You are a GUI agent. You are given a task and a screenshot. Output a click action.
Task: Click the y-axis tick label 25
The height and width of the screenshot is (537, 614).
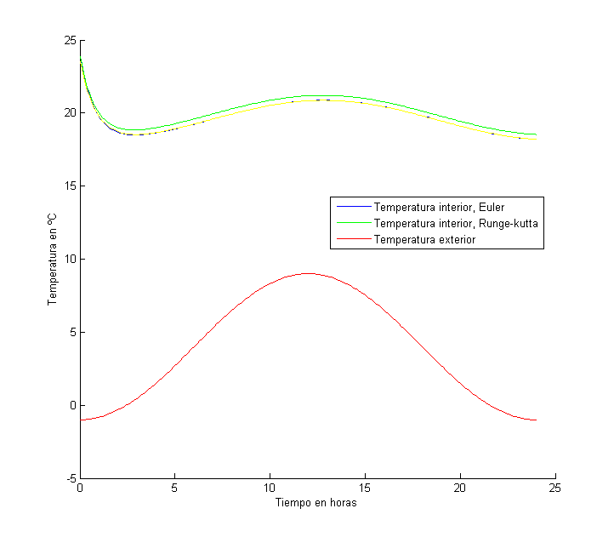(x=70, y=40)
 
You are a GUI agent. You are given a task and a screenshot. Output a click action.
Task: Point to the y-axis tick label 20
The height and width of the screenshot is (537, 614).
(x=70, y=113)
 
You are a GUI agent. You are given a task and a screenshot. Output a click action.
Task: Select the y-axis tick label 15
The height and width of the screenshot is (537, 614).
(x=70, y=186)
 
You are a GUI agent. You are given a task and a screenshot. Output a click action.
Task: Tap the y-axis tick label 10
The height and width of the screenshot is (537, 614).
(x=70, y=260)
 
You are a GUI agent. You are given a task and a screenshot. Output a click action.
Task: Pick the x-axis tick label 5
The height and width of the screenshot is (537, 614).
(x=174, y=489)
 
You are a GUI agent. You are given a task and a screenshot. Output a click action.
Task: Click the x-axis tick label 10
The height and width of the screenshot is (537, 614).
(x=270, y=489)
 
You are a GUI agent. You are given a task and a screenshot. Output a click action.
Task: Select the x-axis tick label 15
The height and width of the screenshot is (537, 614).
(x=365, y=489)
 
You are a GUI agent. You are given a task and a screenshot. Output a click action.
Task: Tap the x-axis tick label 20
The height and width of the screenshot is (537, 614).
(x=460, y=489)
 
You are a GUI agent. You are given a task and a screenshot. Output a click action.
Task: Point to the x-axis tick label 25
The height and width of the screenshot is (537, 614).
(x=555, y=489)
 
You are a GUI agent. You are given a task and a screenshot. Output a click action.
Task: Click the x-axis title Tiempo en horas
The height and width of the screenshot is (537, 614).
(x=316, y=503)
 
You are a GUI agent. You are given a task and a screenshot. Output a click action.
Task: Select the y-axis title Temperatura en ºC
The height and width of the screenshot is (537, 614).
(x=52, y=260)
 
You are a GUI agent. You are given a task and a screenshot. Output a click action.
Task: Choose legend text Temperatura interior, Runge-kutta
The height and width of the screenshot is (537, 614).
(x=457, y=223)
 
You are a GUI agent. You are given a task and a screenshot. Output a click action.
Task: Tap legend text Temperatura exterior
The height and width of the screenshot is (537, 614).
(x=424, y=240)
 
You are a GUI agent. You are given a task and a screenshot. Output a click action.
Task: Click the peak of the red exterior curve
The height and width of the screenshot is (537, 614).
(x=308, y=273)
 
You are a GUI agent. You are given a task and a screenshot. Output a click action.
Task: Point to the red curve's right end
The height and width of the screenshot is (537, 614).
(x=536, y=420)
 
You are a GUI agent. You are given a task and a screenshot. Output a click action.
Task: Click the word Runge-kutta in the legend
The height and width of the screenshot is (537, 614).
(x=511, y=223)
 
